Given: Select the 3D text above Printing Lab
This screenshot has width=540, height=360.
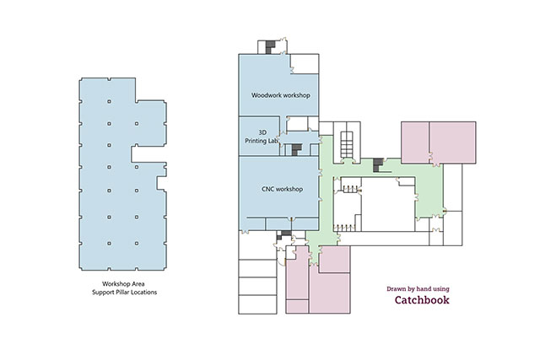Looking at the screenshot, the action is click(x=262, y=132).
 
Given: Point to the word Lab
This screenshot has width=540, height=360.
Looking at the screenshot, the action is click(x=273, y=141).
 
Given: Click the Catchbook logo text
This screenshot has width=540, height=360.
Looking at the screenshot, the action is click(x=422, y=300).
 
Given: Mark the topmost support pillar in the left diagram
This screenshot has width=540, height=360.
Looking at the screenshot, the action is click(x=109, y=101).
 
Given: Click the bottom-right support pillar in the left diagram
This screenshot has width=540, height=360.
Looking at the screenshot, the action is click(x=137, y=244).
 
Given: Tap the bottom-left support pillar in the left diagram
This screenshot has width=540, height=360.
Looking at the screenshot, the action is click(x=109, y=244).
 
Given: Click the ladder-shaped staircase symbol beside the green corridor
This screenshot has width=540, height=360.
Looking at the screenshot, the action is click(x=347, y=144).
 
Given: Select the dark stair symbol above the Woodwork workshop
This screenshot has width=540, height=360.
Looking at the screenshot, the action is click(x=270, y=47).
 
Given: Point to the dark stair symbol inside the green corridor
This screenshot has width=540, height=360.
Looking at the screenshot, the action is click(x=378, y=165).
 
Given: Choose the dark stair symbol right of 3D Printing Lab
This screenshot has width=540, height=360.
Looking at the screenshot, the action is click(x=296, y=150).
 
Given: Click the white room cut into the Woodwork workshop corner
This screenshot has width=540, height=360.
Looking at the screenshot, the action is click(x=305, y=64).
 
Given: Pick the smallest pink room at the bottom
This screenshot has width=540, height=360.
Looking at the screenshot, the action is click(x=297, y=306).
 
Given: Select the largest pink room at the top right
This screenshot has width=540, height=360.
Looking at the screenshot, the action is click(x=452, y=142).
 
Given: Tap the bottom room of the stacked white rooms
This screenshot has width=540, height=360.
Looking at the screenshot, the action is click(x=257, y=304).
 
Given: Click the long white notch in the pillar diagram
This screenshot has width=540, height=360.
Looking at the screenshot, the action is click(x=148, y=153).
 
